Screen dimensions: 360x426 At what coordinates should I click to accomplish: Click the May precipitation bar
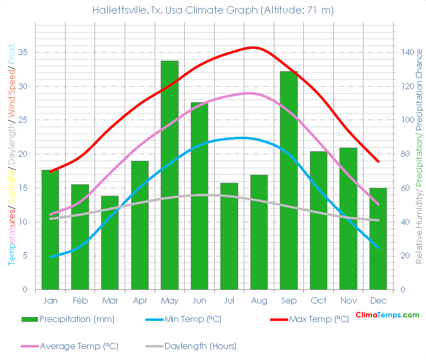click(170, 175)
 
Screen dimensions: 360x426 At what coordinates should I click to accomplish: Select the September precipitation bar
click(289, 180)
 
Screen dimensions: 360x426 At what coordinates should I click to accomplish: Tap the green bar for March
click(110, 243)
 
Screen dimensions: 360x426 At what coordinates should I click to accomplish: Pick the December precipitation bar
click(378, 239)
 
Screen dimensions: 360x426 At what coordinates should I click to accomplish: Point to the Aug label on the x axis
click(259, 300)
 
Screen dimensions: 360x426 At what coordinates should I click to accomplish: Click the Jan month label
click(50, 300)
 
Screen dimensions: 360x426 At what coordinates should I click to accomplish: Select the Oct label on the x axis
click(318, 300)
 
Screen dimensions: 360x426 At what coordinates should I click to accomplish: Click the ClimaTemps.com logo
click(387, 315)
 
